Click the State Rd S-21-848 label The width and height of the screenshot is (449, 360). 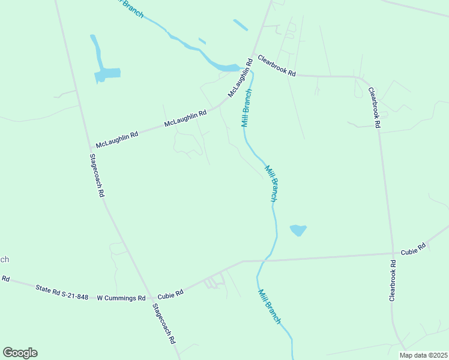(x=62, y=292)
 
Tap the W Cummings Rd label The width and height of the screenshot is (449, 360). (x=121, y=298)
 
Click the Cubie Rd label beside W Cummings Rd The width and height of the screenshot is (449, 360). (x=170, y=293)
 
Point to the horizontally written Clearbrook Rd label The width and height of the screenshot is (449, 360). (x=277, y=65)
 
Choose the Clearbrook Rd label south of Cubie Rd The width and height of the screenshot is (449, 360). (x=393, y=280)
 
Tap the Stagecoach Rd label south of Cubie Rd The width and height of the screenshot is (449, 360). (x=163, y=323)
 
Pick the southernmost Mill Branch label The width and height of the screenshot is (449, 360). (x=270, y=307)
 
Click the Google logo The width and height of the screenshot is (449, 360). (x=20, y=353)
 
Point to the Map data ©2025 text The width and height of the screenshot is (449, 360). (x=424, y=355)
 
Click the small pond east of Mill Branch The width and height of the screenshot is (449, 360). (x=298, y=230)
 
